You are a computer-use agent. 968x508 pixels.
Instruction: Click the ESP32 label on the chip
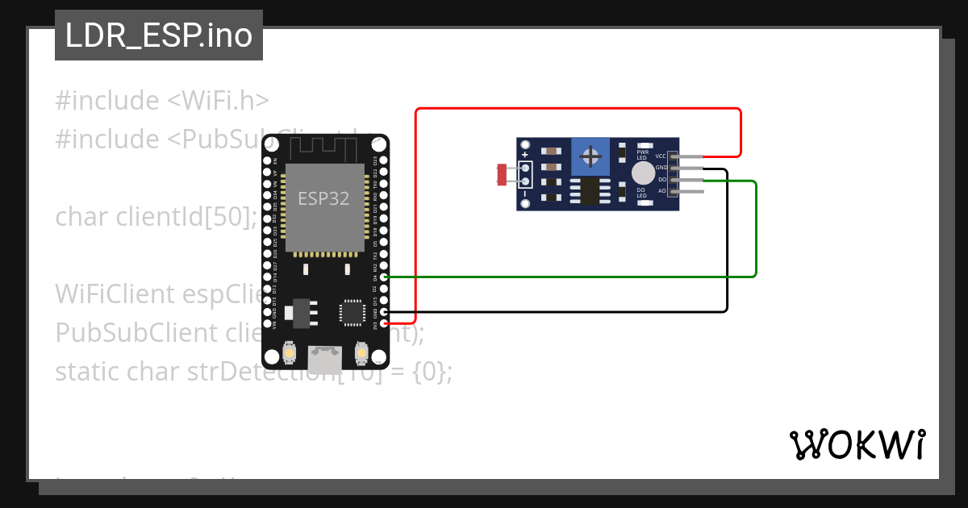point(323,198)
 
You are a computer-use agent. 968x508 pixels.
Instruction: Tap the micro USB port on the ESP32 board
point(324,359)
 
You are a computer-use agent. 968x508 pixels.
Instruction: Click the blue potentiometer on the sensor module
point(590,155)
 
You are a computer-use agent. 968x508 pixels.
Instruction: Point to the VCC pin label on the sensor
point(660,156)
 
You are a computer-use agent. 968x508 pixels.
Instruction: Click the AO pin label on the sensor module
point(661,191)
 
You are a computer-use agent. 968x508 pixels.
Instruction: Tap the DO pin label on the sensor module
point(661,179)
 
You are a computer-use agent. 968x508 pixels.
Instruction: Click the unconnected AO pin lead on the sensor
point(692,191)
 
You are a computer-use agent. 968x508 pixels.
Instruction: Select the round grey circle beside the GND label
point(643,173)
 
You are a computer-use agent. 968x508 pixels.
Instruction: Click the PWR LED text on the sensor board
point(643,153)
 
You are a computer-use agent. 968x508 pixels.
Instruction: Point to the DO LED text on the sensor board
point(641,193)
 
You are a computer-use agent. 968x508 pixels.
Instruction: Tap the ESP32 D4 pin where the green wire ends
point(383,277)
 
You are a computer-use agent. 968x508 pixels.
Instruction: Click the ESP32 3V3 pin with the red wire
point(383,323)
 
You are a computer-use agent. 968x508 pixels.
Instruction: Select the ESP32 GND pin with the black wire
point(383,311)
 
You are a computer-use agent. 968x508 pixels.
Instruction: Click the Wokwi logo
point(857,444)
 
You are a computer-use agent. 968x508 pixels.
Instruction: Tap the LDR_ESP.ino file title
point(159,35)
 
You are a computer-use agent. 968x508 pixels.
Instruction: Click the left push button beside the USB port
point(289,353)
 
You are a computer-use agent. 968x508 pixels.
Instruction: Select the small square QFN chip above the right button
point(353,312)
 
